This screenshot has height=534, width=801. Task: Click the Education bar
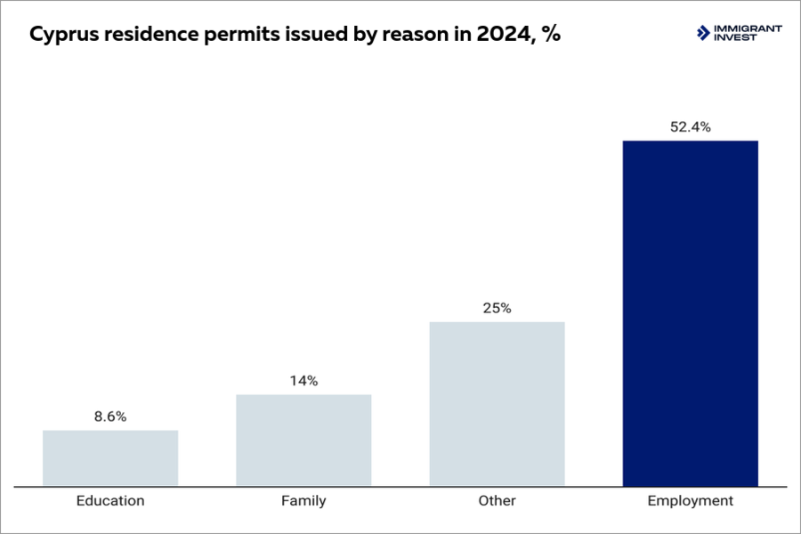pos(110,458)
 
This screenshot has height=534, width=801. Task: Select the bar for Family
pos(303,441)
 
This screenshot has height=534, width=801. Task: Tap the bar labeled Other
pos(497,404)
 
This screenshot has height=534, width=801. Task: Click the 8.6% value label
pos(110,417)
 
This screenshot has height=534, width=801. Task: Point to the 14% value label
pos(303,381)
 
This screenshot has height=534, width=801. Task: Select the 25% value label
pos(497,308)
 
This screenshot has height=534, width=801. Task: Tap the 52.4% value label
pos(690,127)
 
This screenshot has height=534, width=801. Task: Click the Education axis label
pos(110,501)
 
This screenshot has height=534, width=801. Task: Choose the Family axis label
pos(303,501)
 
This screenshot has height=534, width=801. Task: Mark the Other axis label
pos(497,501)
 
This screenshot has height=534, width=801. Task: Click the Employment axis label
pos(690,501)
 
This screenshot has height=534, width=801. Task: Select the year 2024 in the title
pos(495,36)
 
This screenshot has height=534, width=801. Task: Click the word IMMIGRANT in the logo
pos(748,28)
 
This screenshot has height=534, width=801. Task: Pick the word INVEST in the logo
pos(735,37)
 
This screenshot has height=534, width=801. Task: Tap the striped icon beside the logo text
pos(703,33)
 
